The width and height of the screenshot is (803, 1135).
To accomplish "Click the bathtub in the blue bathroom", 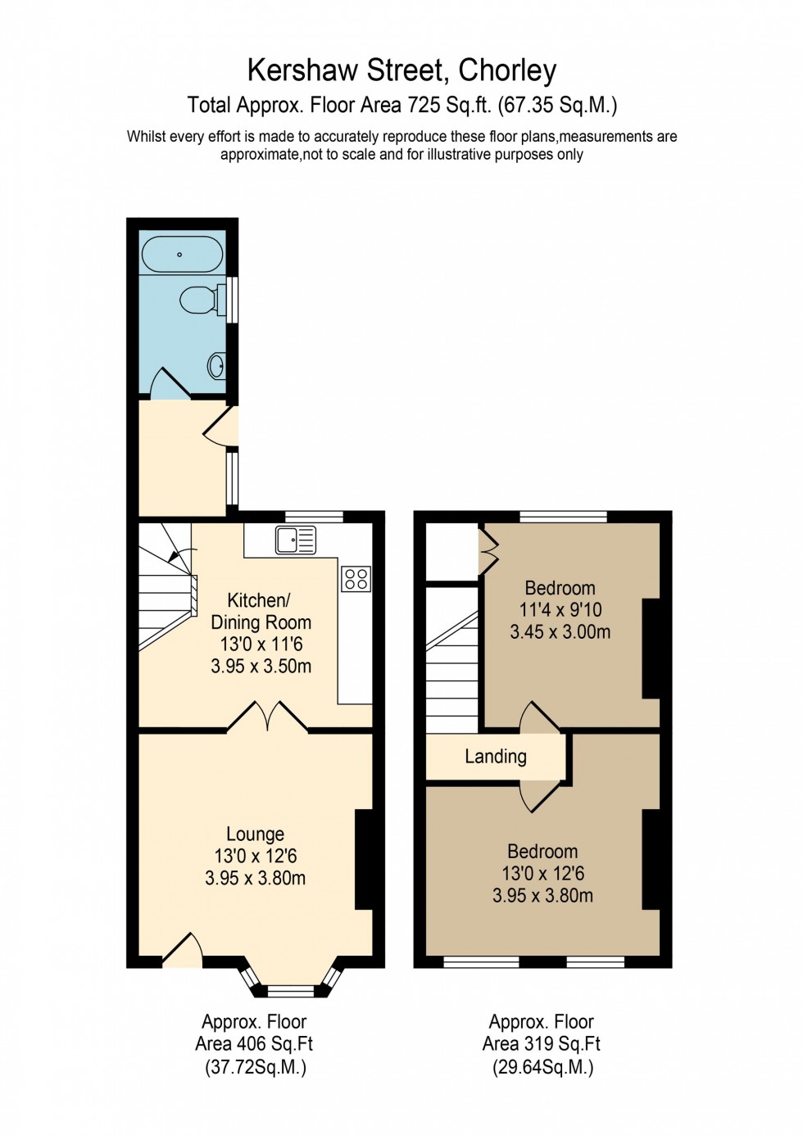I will pos(182,254).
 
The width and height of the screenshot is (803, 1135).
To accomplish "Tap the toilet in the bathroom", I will pos(198,300).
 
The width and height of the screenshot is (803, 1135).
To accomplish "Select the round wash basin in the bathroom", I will pos(217,365).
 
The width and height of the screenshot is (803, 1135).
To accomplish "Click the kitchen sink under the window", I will pos(295,540).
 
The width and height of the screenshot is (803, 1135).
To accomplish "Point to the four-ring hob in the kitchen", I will pos(356,579).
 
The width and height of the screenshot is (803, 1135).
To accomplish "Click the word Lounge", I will pos(255,834).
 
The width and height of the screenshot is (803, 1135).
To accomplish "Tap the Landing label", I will pos(495,757).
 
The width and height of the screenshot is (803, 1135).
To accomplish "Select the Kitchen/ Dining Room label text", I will pos(261,611).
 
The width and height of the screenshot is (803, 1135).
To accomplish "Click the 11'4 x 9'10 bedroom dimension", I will pos(560,610).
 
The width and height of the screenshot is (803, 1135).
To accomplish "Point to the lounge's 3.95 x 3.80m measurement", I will pos(255,879).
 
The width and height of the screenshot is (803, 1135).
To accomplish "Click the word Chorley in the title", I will pos(507,70).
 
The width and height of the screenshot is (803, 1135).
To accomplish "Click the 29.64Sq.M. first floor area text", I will pos(542,1067).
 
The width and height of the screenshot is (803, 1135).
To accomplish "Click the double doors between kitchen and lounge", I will pos(267,716).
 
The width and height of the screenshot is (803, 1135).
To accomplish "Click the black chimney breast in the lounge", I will pos(363,859).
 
